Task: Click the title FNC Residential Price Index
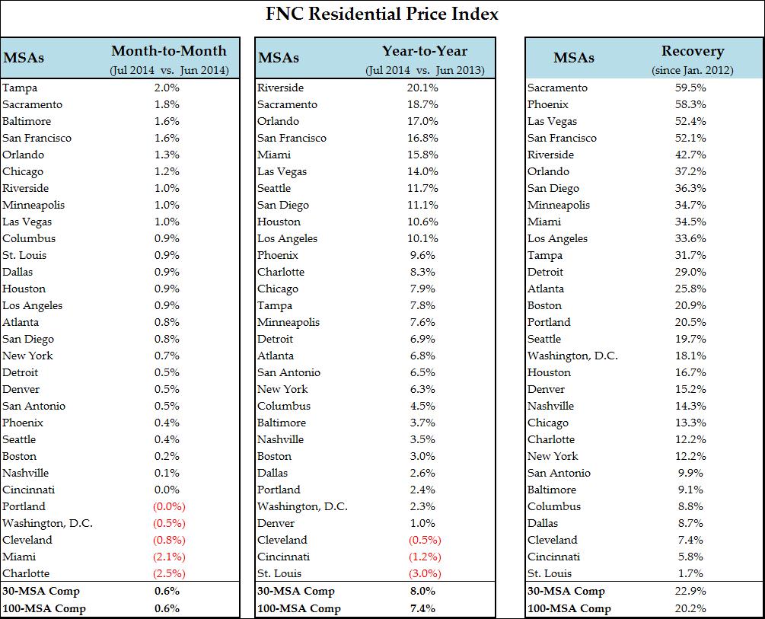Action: click(382, 14)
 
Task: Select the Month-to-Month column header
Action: click(169, 51)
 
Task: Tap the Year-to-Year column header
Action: click(424, 51)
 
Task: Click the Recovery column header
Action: click(692, 51)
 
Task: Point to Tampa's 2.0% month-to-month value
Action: click(167, 88)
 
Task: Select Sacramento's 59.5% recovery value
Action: click(690, 88)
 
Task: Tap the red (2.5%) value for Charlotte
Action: click(169, 573)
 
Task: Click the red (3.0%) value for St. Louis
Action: click(424, 573)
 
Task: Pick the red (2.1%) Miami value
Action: click(169, 557)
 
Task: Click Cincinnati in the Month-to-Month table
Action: click(28, 490)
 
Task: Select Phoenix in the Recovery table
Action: click(548, 104)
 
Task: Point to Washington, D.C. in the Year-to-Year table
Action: click(302, 506)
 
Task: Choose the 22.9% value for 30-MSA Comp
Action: click(690, 591)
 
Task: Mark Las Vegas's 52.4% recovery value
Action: click(690, 121)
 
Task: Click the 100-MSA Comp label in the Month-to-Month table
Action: click(44, 608)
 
